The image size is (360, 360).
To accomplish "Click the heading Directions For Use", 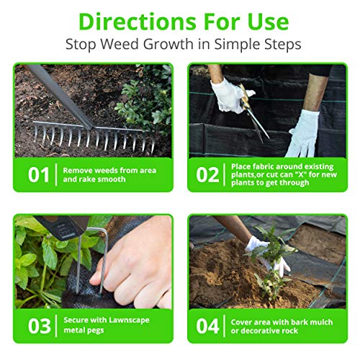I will [x=180, y=20].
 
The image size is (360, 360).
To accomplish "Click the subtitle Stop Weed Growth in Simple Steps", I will [x=180, y=45].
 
